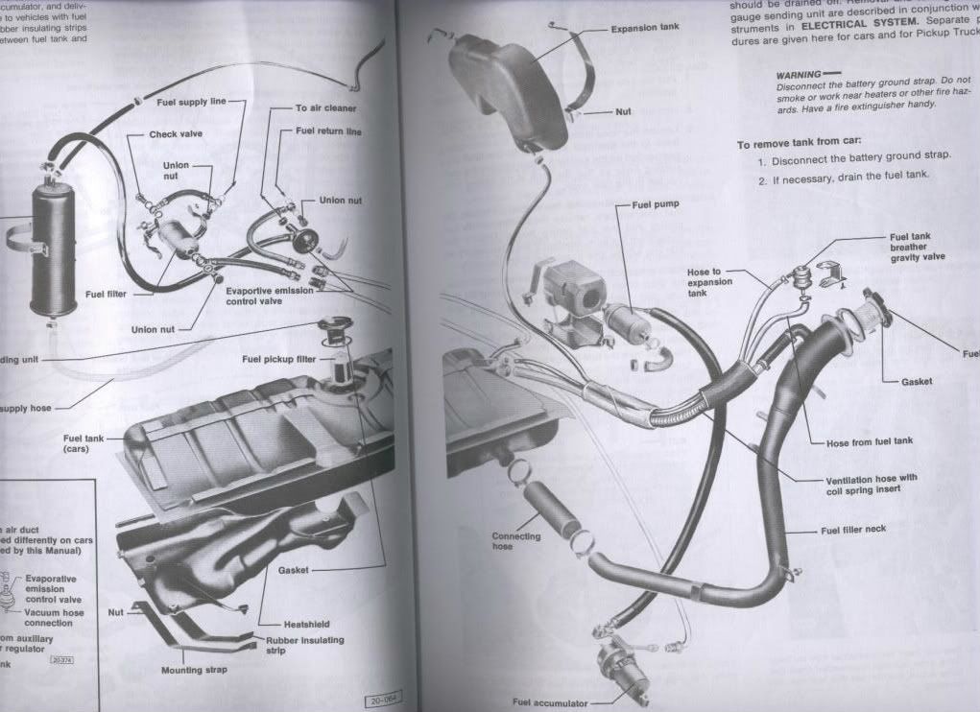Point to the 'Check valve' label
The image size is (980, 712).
[x=176, y=135]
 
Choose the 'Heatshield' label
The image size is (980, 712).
[x=306, y=624]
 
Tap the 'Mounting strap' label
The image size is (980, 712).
[x=194, y=670]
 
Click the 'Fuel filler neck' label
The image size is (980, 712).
[x=852, y=530]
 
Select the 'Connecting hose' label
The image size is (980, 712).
[x=516, y=541]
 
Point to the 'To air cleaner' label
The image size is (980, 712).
[x=325, y=108]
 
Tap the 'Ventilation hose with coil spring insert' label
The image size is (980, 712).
[x=871, y=483]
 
